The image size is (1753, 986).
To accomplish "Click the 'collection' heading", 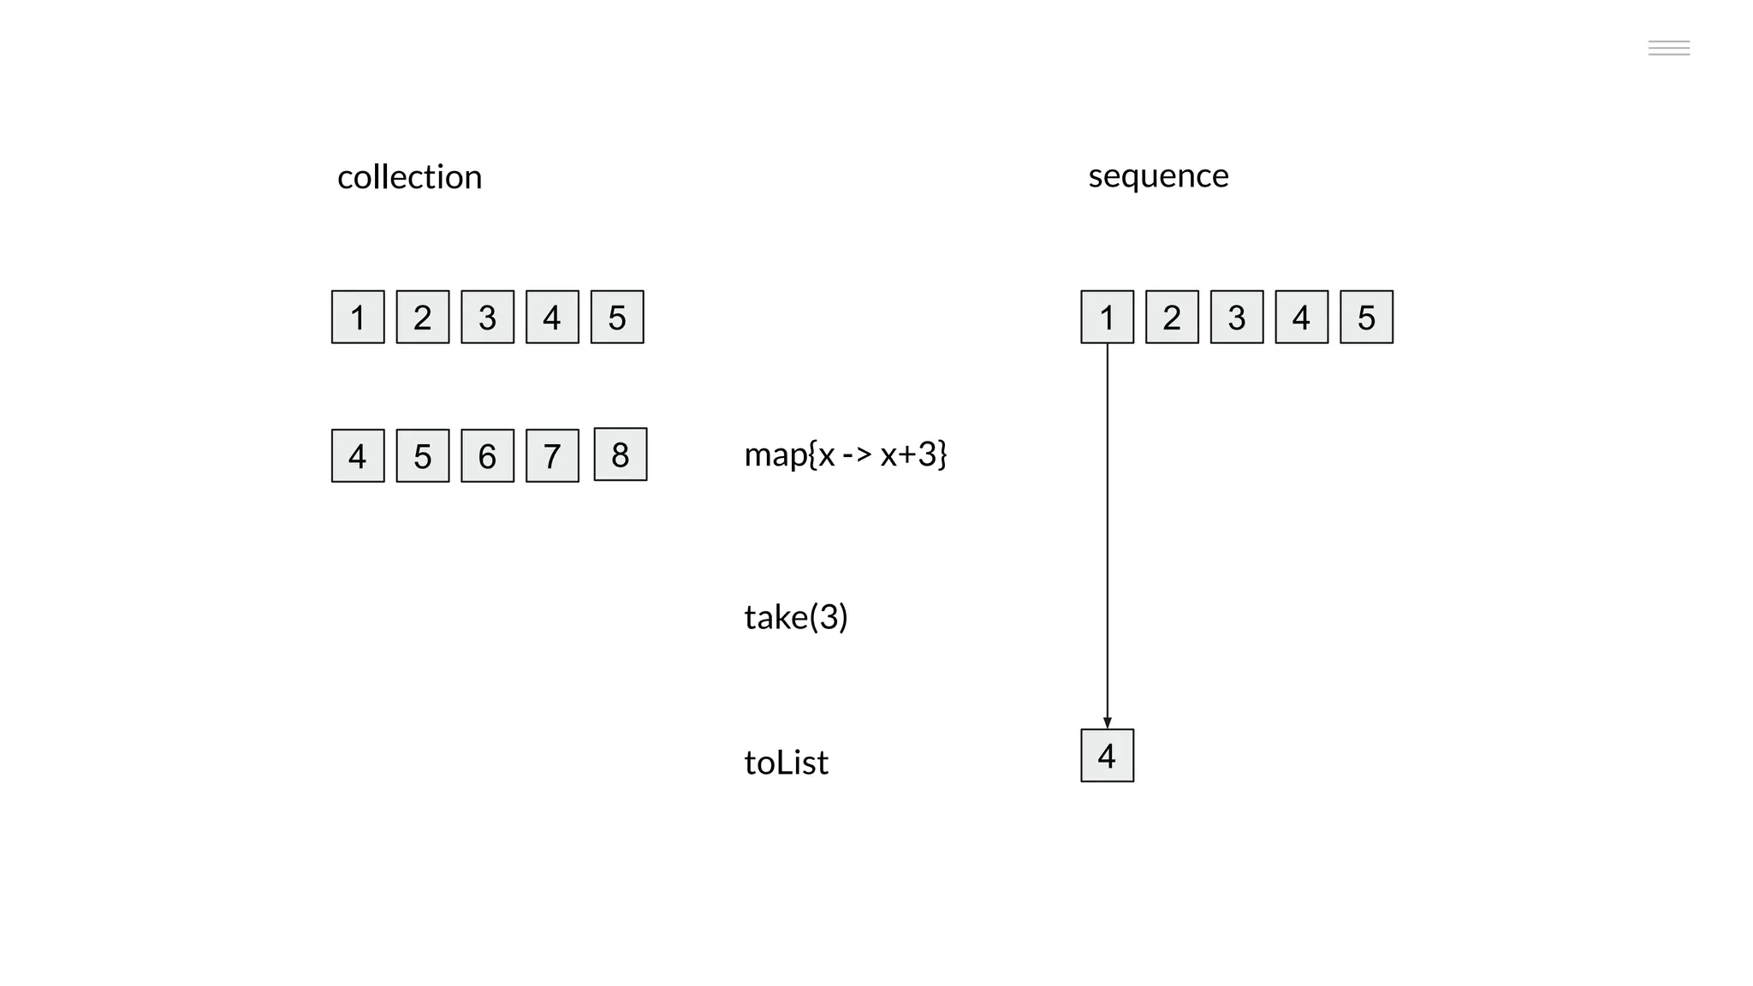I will (x=409, y=177).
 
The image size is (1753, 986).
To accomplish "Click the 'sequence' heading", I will (x=1158, y=175).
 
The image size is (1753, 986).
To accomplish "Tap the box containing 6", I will (x=487, y=455).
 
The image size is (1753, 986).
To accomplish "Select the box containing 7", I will (x=552, y=455).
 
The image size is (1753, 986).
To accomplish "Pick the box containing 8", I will (x=620, y=454).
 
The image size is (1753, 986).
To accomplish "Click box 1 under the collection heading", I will (x=358, y=317).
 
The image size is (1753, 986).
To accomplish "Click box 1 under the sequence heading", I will (x=1107, y=317).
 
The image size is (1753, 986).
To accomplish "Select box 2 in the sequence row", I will (x=1172, y=317).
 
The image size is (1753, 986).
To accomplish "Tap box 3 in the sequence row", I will (x=1237, y=317).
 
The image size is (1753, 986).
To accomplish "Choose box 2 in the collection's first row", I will (x=423, y=317).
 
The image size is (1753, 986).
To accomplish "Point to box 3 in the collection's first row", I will (x=487, y=317).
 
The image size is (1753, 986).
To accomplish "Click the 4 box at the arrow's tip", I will (x=1107, y=755).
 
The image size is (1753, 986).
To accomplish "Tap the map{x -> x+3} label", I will (x=845, y=454).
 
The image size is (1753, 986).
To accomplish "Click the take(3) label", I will (x=795, y=616).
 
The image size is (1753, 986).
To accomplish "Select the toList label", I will (x=786, y=762).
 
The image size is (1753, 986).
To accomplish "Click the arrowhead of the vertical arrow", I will (x=1107, y=722).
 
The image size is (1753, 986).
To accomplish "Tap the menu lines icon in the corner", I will (x=1668, y=48).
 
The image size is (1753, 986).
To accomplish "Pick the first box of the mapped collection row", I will (x=358, y=455).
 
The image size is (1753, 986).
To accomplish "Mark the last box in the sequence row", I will (x=1366, y=317).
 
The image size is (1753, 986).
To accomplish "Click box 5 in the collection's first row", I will (x=617, y=317).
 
